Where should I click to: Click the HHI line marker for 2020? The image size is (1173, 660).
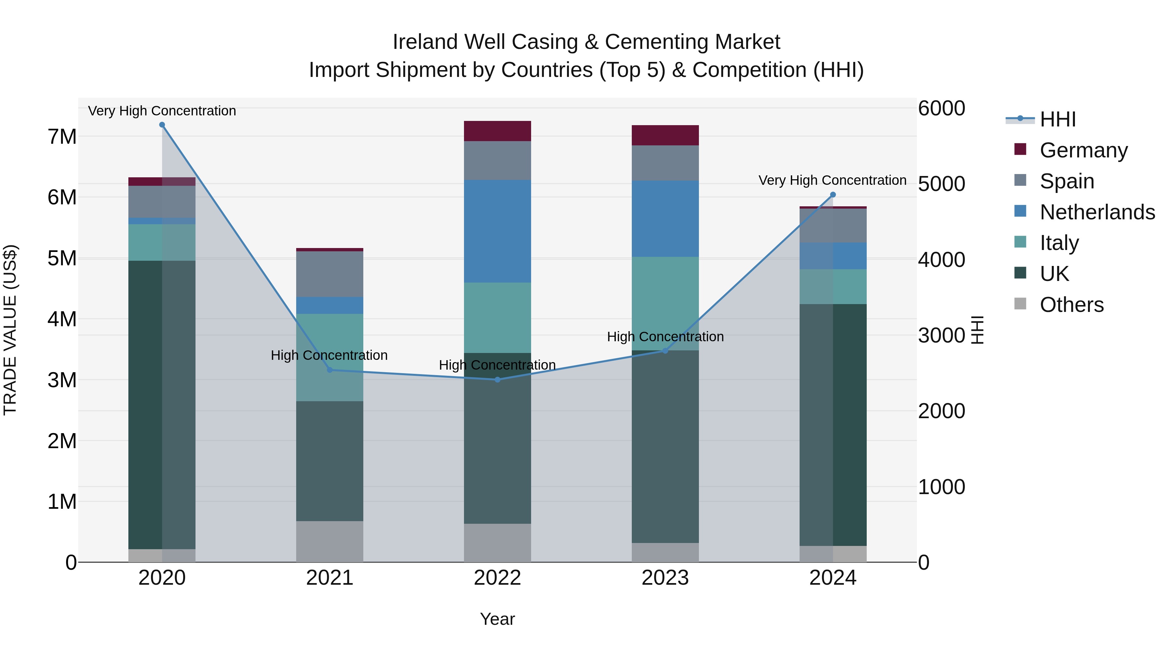tap(162, 125)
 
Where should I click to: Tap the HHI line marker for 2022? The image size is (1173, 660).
tap(497, 379)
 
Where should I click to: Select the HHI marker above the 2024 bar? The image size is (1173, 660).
tap(833, 195)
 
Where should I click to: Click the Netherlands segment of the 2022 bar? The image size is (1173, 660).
tap(497, 231)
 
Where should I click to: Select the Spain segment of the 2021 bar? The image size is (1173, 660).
tap(330, 274)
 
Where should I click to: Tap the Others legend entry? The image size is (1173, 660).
tap(1071, 304)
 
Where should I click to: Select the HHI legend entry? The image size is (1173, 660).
tap(1057, 119)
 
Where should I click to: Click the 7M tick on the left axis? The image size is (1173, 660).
tap(62, 137)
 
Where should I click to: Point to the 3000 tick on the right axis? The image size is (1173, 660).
tap(941, 335)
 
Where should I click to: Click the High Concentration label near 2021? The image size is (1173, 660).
tap(329, 355)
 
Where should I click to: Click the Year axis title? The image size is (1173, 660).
tap(497, 619)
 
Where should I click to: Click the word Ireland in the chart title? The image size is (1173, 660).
tap(425, 42)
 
